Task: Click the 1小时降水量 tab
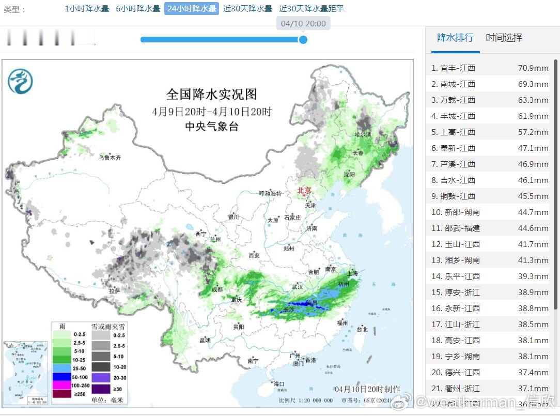[87, 9]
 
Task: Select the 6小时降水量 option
[138, 9]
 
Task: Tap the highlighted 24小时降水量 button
[192, 9]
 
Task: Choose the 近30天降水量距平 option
[311, 9]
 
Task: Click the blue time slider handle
[303, 40]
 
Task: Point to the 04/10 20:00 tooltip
[303, 24]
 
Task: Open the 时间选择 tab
[504, 38]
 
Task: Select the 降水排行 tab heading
[455, 38]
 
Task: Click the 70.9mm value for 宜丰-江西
[533, 68]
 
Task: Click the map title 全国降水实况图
[211, 95]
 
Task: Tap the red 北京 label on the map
[304, 191]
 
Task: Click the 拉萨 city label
[114, 291]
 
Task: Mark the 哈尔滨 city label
[363, 134]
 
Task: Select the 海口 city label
[279, 384]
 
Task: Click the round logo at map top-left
[20, 82]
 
